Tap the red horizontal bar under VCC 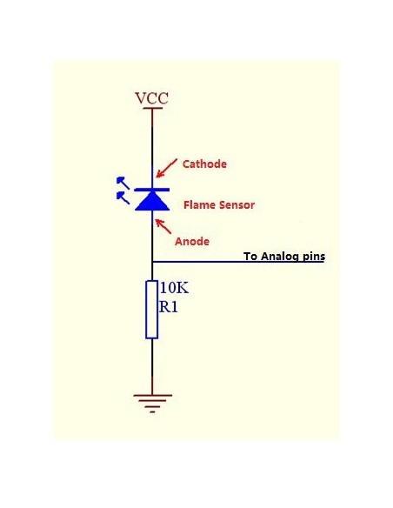click(x=152, y=110)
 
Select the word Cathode click(x=205, y=163)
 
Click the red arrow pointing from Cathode click(x=168, y=169)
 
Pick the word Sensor click(x=235, y=205)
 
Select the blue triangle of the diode click(x=152, y=201)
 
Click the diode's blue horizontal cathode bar click(x=152, y=189)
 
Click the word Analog click(x=281, y=257)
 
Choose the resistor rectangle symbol click(x=152, y=309)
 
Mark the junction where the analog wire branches click(x=152, y=262)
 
